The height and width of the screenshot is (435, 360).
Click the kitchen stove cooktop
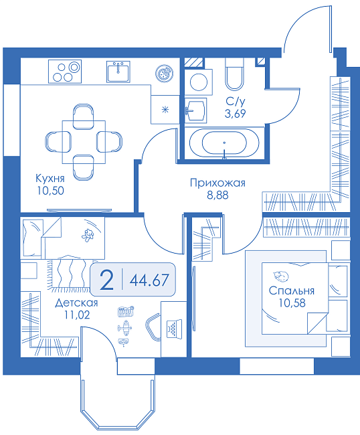pyautogui.click(x=65, y=72)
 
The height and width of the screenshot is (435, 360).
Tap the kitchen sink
pyautogui.click(x=118, y=72)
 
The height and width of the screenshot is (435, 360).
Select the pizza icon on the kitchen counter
pyautogui.click(x=164, y=74)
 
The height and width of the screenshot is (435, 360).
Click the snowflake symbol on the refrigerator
pyautogui.click(x=165, y=110)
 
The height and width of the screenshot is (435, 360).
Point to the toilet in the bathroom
pyautogui.click(x=235, y=74)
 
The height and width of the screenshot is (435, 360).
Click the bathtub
pyautogui.click(x=224, y=143)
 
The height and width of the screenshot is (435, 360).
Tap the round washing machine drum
pyautogui.click(x=198, y=82)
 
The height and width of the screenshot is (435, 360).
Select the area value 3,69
pyautogui.click(x=235, y=114)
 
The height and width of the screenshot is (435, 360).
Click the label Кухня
pyautogui.click(x=50, y=179)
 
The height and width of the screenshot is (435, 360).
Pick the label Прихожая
pyautogui.click(x=217, y=183)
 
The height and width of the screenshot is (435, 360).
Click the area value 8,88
pyautogui.click(x=217, y=195)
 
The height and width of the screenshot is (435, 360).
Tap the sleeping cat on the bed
pyautogui.click(x=280, y=276)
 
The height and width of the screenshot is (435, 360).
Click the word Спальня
pyautogui.click(x=292, y=290)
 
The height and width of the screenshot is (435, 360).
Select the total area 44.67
pyautogui.click(x=149, y=280)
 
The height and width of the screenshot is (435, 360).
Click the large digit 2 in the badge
pyautogui.click(x=107, y=280)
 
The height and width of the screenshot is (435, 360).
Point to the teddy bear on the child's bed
pyautogui.click(x=88, y=235)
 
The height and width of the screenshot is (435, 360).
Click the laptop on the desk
pyautogui.click(x=174, y=328)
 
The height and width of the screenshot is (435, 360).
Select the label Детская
pyautogui.click(x=76, y=303)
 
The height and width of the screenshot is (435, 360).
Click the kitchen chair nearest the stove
pyautogui.click(x=83, y=116)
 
